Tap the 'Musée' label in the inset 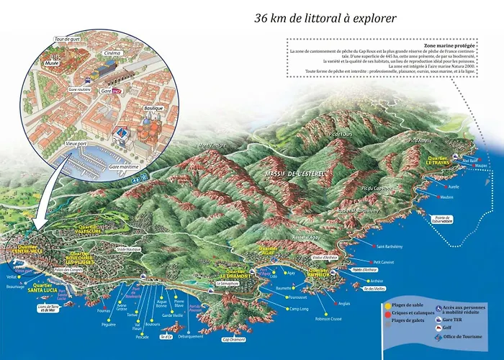coord(52,63)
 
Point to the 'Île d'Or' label coord(166,336)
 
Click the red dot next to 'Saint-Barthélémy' coord(372,247)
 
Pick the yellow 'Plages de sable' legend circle coord(389,306)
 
